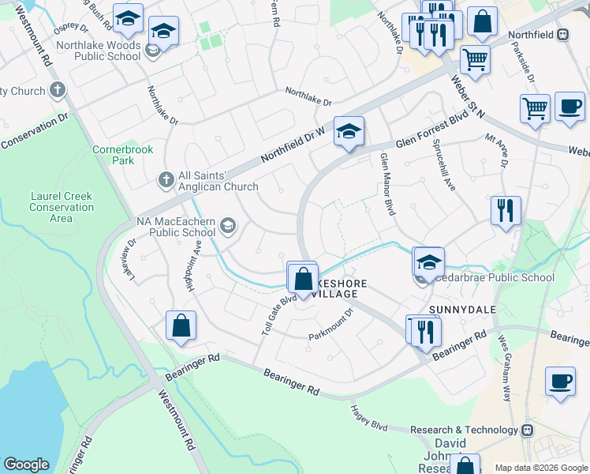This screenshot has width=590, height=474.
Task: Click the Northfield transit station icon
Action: (x=563, y=34)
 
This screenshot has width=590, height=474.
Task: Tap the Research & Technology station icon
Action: (x=527, y=430)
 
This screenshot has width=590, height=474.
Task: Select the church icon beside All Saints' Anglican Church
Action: (x=166, y=180)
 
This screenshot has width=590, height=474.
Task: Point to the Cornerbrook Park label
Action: (x=113, y=154)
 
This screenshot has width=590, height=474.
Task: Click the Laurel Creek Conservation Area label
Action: (x=62, y=208)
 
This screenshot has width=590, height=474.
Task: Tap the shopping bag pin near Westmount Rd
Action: (x=181, y=326)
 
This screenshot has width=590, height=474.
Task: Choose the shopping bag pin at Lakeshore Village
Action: (x=303, y=278)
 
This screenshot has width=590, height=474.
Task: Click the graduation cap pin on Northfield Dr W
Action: (x=348, y=132)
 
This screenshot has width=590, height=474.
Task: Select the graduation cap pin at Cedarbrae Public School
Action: (x=429, y=262)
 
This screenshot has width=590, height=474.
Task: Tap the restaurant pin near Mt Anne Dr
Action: (x=505, y=211)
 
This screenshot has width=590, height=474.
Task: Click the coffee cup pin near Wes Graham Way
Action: (x=561, y=381)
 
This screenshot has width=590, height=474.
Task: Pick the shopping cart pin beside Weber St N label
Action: (x=475, y=58)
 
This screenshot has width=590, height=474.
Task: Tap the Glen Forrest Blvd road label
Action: (x=427, y=140)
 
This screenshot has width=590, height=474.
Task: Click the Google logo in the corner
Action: (x=27, y=465)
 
